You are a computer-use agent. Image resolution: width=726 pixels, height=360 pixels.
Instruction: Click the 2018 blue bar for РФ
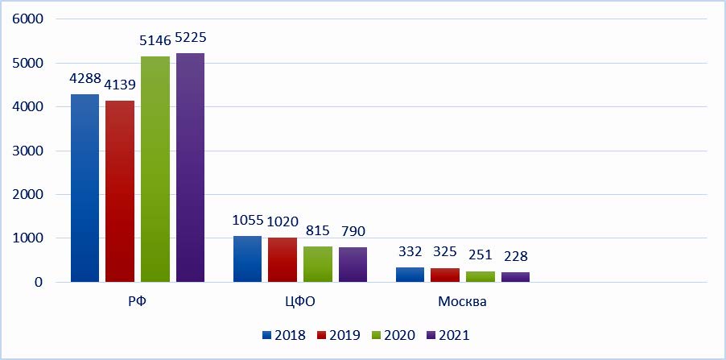coord(85,188)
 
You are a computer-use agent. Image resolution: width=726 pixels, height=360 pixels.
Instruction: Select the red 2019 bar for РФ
coord(120,192)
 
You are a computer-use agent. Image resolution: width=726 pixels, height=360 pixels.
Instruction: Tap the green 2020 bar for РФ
coord(155,169)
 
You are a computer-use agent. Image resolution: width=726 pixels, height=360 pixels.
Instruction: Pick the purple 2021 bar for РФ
coord(191,168)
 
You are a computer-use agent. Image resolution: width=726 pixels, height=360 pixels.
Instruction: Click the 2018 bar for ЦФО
coord(247,259)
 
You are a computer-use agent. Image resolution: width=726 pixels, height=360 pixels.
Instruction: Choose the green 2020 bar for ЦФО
coord(318,264)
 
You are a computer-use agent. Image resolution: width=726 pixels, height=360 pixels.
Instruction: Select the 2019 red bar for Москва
coord(445,275)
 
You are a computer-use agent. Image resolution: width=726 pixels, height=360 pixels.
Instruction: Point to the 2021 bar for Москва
coord(516,277)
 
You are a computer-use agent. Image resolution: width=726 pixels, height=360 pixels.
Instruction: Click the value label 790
coord(353,232)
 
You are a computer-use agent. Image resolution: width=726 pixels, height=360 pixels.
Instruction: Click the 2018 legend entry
coord(283,334)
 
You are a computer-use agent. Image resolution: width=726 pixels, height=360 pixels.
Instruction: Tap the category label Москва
coord(462,304)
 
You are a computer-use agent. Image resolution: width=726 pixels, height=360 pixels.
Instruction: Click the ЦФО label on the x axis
coord(298,304)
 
